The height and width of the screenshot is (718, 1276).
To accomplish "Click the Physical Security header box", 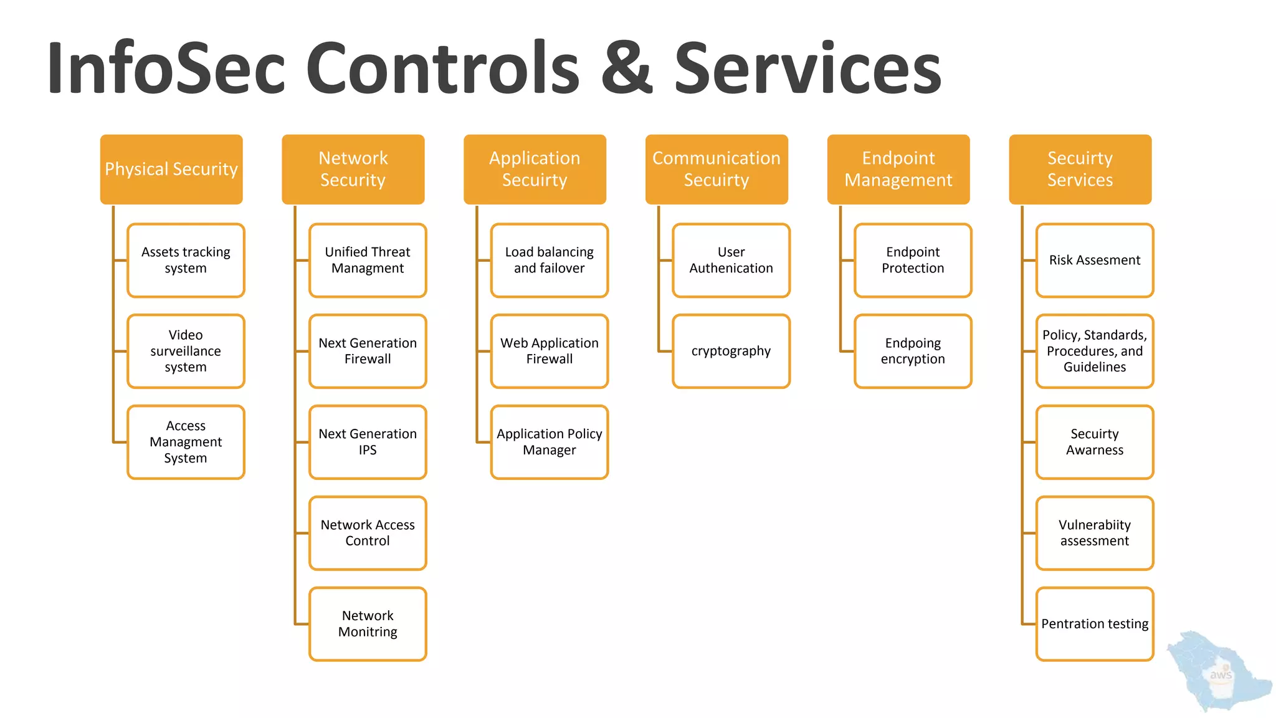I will [171, 170].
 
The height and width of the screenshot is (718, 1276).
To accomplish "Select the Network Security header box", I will [353, 170].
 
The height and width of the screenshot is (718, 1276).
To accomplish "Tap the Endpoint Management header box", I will [898, 170].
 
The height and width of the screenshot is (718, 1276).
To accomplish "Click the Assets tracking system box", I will [186, 261].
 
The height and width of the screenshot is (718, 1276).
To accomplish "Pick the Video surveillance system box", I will [186, 352].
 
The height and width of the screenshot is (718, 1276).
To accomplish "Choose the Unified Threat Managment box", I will [368, 261].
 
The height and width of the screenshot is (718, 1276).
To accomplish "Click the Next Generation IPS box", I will [368, 443].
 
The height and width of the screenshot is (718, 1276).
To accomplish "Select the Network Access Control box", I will [368, 534].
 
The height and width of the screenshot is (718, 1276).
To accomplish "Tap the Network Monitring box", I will [368, 624].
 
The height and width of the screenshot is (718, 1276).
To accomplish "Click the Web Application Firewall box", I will [550, 352].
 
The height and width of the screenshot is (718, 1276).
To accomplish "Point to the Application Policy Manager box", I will [550, 443].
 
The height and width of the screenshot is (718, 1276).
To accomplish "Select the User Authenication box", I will [731, 261].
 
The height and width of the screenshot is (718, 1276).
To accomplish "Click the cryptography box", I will [731, 352].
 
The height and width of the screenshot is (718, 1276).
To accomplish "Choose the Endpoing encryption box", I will [913, 352].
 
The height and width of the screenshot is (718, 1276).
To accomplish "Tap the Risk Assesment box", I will [1095, 261].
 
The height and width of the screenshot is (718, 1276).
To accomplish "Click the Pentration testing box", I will [1095, 624].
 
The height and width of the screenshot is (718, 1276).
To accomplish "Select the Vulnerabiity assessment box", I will [1095, 534].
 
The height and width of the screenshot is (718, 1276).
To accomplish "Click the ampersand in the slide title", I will [627, 69].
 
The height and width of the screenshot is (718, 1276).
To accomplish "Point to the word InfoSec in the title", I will [166, 69].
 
